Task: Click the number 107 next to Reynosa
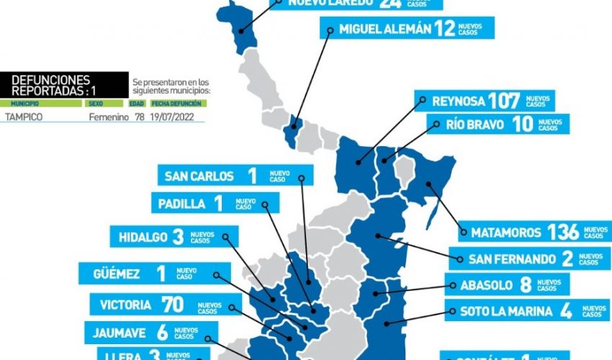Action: (504, 101)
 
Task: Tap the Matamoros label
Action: (506, 233)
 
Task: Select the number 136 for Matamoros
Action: (563, 232)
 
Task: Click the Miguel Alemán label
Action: (379, 30)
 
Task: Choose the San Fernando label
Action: (513, 258)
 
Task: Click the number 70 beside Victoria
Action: (174, 305)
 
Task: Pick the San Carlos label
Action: (199, 176)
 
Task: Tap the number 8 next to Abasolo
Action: (526, 284)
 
